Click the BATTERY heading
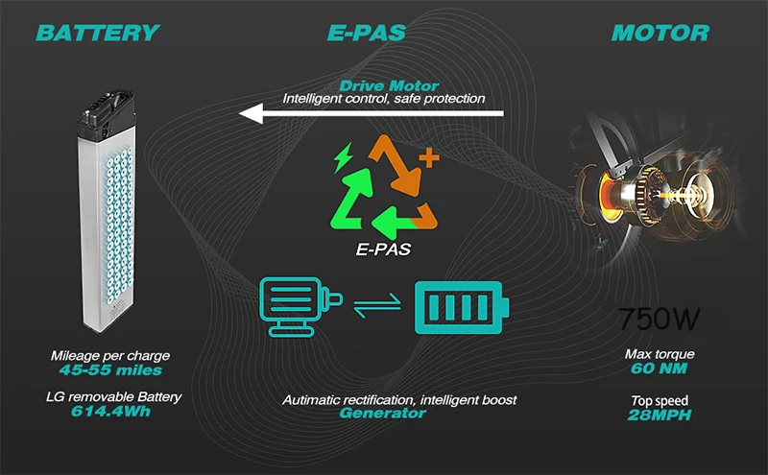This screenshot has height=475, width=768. tap(96, 33)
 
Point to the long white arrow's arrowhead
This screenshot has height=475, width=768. tap(252, 115)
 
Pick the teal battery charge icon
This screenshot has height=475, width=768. tap(462, 307)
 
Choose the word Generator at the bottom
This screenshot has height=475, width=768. tap(382, 413)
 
